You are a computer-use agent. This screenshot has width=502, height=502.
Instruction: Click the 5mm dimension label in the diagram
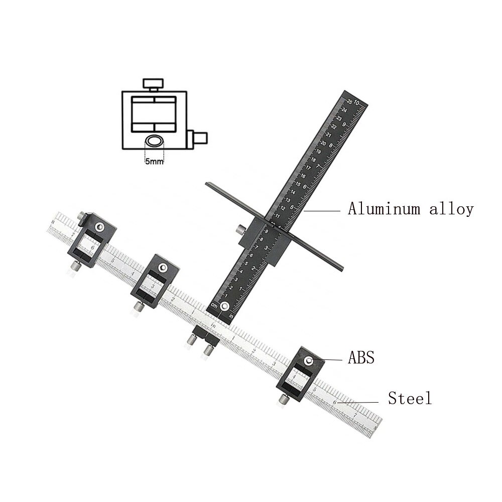click(154, 162)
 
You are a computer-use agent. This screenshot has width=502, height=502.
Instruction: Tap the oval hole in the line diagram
click(155, 141)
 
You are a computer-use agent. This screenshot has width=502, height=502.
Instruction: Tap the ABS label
click(361, 358)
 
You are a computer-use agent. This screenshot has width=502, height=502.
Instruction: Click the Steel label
click(410, 399)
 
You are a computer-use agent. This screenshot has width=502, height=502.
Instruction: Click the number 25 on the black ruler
click(349, 101)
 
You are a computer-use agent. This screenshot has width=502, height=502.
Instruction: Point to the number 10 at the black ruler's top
click(357, 102)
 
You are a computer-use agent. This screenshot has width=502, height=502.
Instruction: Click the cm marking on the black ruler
click(214, 306)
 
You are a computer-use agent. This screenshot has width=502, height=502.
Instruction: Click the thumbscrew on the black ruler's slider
click(241, 229)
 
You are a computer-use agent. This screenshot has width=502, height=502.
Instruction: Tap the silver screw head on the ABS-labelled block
click(310, 360)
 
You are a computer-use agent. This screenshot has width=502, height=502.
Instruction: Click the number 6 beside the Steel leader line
click(334, 402)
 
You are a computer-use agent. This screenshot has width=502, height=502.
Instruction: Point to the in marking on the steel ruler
click(213, 326)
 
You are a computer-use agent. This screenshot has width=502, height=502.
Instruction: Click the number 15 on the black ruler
click(297, 184)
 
